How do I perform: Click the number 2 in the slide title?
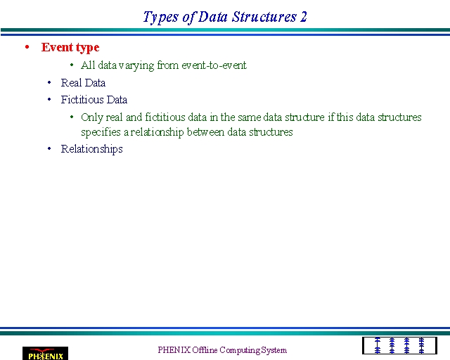point(304,17)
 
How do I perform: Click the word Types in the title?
point(161,18)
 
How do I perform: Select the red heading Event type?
point(70,48)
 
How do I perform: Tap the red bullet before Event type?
point(27,47)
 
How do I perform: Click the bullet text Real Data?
point(83,83)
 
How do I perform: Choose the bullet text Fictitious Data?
point(94,100)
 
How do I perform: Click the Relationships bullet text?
point(91,149)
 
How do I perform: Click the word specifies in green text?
point(101,132)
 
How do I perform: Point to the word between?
point(205,132)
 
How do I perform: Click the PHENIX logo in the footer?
point(45,354)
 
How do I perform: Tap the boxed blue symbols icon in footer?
point(399,346)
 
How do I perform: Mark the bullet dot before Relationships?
point(49,148)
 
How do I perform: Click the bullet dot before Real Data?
point(49,82)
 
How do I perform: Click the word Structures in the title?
point(264,17)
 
